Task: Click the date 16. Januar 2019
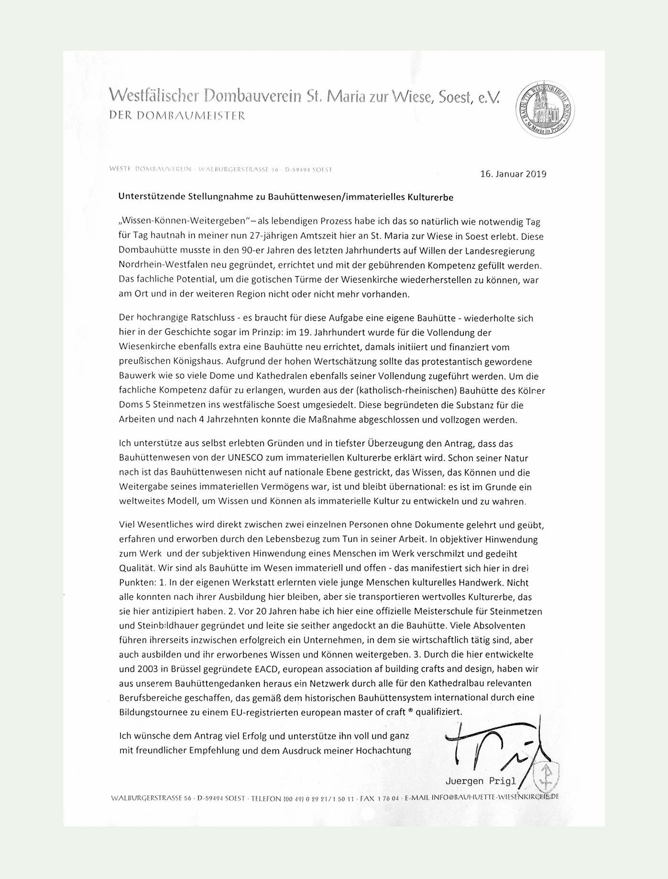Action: (513, 174)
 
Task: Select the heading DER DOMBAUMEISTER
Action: (177, 115)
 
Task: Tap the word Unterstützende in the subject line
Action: (147, 197)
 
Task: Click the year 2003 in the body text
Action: (146, 669)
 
